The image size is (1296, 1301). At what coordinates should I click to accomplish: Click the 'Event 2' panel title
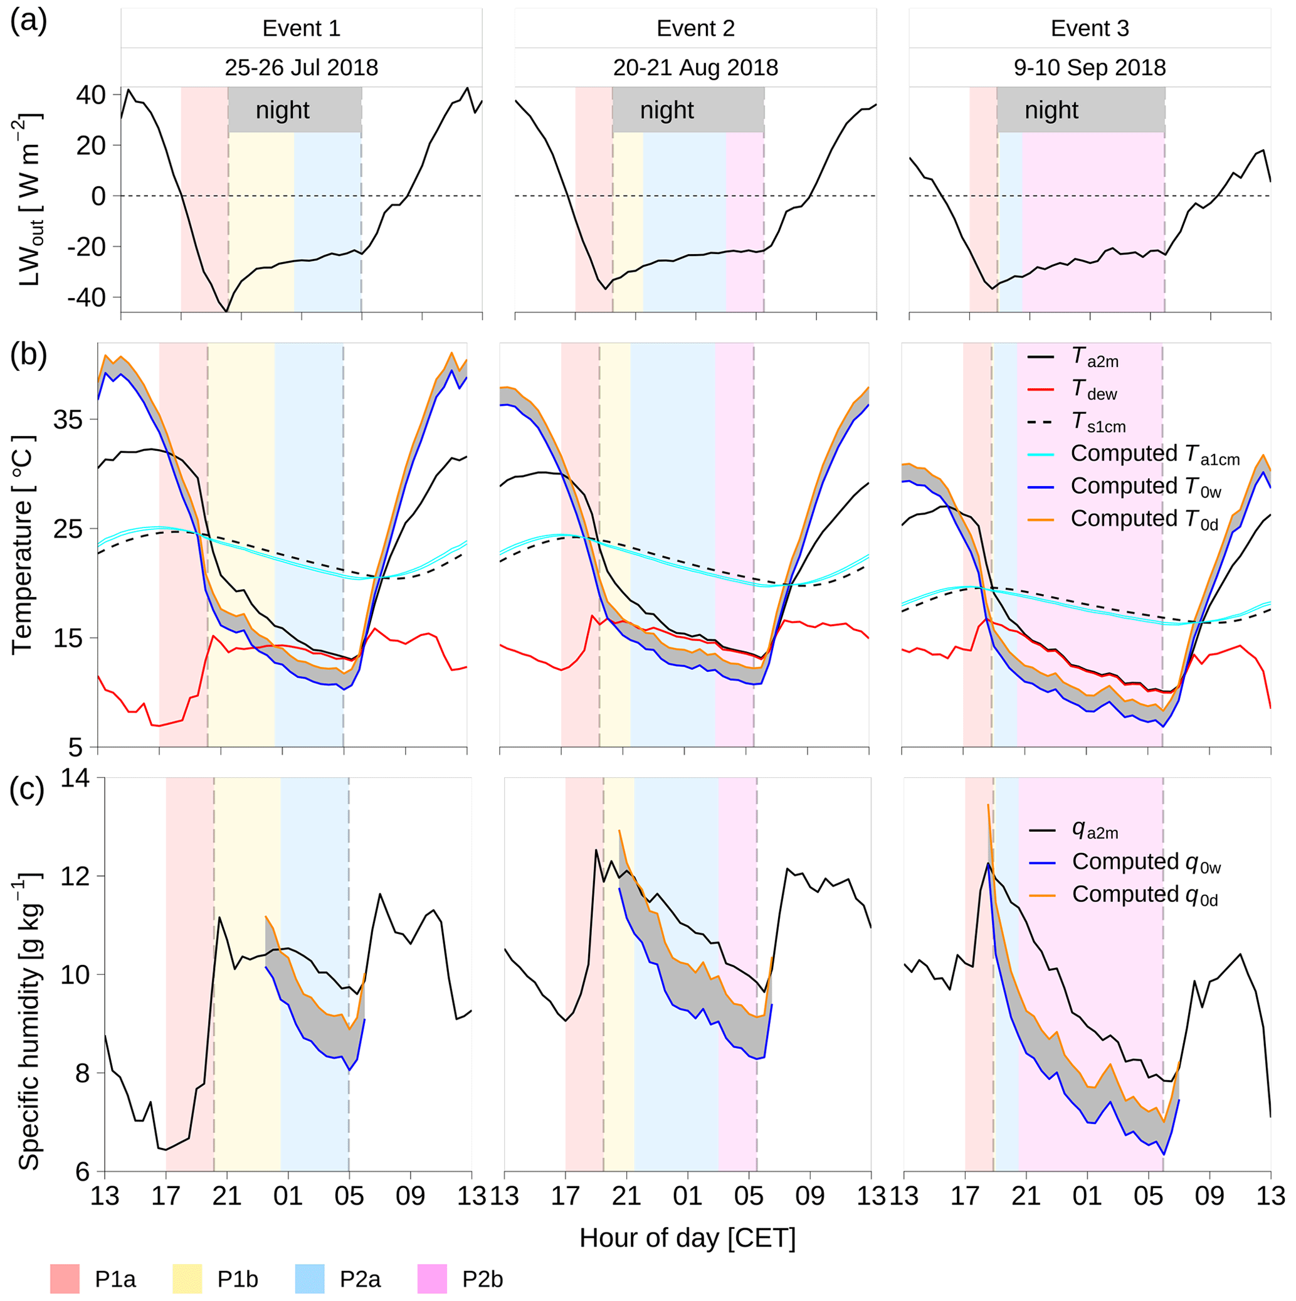click(x=695, y=29)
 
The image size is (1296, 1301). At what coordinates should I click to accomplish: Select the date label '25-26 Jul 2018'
click(x=301, y=67)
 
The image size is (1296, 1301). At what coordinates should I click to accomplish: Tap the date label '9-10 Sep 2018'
click(x=1089, y=67)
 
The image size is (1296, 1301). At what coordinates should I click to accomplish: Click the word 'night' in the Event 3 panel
click(x=1051, y=110)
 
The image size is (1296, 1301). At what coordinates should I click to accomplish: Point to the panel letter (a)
click(x=28, y=22)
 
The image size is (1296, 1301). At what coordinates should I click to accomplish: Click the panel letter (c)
click(x=28, y=790)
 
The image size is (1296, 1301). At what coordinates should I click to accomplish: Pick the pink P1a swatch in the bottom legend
click(x=65, y=1279)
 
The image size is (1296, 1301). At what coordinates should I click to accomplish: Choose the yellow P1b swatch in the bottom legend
click(x=187, y=1279)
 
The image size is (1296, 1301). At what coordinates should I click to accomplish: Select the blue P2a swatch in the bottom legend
click(x=310, y=1279)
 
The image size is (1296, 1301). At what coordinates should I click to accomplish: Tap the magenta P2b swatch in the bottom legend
click(x=432, y=1279)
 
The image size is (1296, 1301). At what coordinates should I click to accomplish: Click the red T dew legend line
click(x=1041, y=389)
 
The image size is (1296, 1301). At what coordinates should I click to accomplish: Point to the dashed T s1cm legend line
click(x=1041, y=422)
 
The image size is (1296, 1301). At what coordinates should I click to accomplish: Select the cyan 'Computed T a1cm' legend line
click(x=1041, y=455)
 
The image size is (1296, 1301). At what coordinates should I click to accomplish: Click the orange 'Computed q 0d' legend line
click(x=1042, y=895)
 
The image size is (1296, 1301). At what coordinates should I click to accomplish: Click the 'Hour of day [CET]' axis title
click(x=687, y=1238)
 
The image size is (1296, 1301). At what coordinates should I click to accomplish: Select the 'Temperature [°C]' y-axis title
click(x=24, y=544)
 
